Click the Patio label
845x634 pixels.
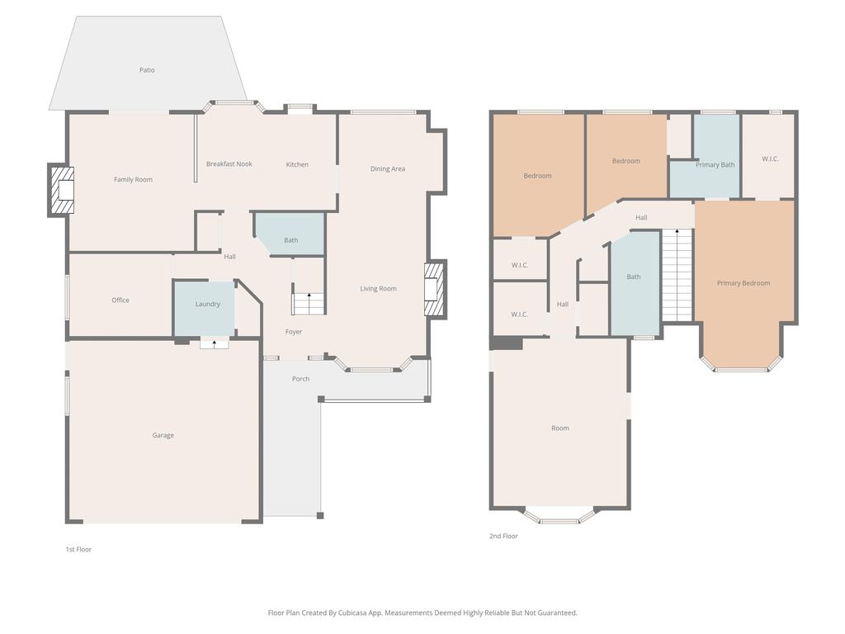point(147,70)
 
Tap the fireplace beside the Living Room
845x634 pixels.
point(434,289)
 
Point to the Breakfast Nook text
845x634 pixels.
point(229,164)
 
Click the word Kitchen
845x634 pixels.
point(297,164)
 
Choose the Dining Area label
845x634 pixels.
point(387,169)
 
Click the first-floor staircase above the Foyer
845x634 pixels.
point(309,303)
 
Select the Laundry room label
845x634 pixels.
point(207,304)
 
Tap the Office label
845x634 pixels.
point(120,300)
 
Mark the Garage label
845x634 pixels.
point(163,435)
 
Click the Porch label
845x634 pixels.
point(300,379)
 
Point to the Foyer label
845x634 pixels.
point(294,332)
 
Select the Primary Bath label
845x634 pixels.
point(715,165)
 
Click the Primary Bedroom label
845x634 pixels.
point(743,283)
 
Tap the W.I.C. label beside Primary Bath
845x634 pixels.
point(769,158)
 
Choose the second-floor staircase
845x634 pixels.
point(677,276)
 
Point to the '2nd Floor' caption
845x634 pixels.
point(503,537)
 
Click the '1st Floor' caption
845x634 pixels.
point(78,549)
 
